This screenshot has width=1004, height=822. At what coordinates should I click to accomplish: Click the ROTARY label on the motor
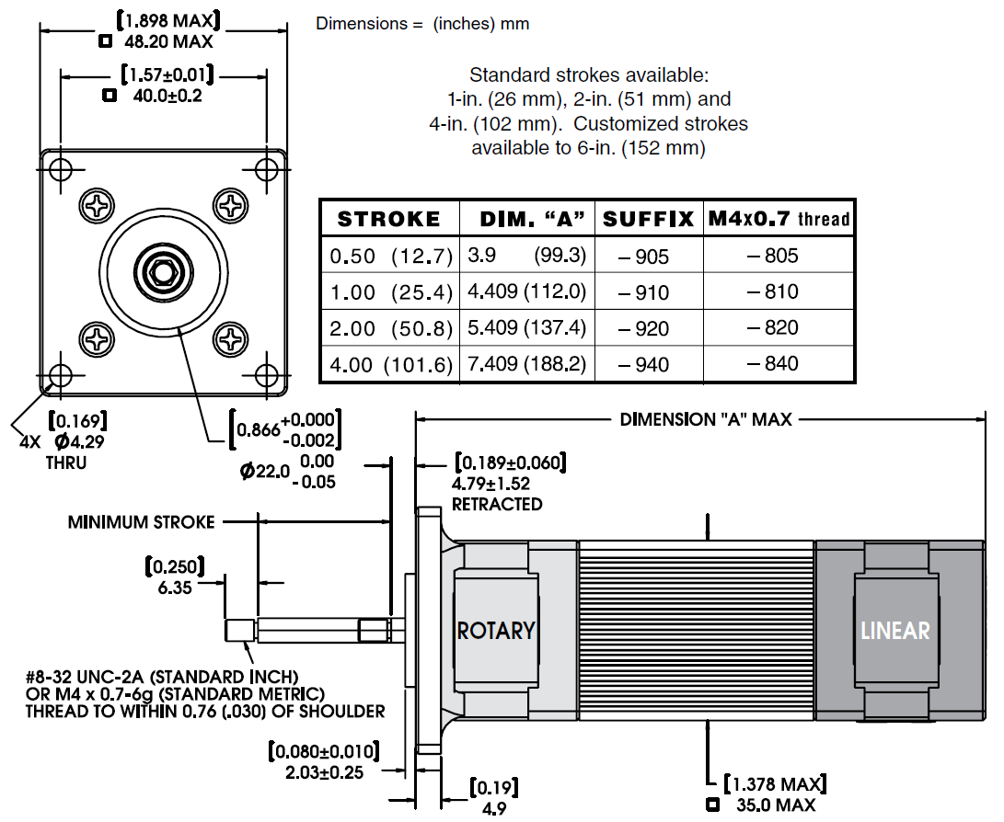tap(496, 631)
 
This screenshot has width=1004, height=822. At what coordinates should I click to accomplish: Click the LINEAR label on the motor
tap(894, 631)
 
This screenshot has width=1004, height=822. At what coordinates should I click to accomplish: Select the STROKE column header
tap(389, 219)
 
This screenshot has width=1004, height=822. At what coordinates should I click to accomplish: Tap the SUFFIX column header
tap(648, 219)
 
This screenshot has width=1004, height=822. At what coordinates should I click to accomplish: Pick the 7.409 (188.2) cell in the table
tap(526, 364)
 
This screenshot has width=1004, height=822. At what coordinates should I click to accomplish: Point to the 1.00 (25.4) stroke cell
tap(390, 292)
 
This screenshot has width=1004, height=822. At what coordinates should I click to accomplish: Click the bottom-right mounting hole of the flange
tap(267, 374)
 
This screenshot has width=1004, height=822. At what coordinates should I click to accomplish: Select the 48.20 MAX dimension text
tap(168, 41)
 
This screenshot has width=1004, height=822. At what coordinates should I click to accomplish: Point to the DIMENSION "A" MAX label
tap(705, 419)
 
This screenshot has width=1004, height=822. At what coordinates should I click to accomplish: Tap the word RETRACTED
tap(497, 504)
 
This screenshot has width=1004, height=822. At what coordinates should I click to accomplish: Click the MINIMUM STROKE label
tap(141, 522)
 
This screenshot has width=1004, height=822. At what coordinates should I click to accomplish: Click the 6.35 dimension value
tap(175, 587)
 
